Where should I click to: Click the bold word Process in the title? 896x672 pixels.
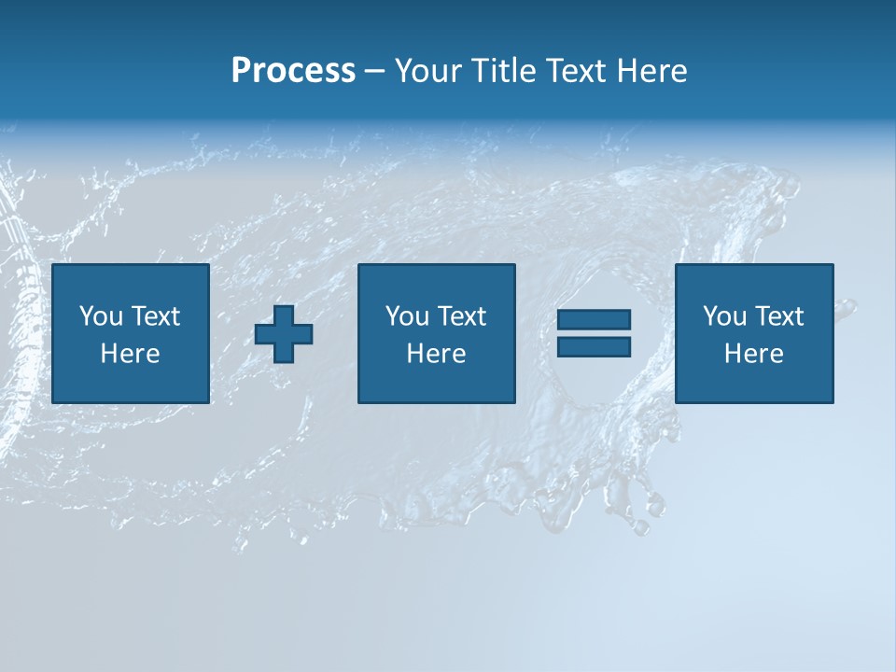point(293,71)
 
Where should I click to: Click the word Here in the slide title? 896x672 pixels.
point(652,71)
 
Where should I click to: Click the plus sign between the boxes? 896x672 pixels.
point(284,334)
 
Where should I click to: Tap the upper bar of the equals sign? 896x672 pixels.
point(594,320)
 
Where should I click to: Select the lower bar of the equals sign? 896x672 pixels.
point(594,347)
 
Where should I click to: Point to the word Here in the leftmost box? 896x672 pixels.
point(130,354)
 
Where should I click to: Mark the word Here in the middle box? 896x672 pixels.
point(436,354)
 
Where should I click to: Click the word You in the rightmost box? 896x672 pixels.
point(724,316)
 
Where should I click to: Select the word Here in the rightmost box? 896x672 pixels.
point(753,354)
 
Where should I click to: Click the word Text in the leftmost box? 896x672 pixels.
point(156,316)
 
